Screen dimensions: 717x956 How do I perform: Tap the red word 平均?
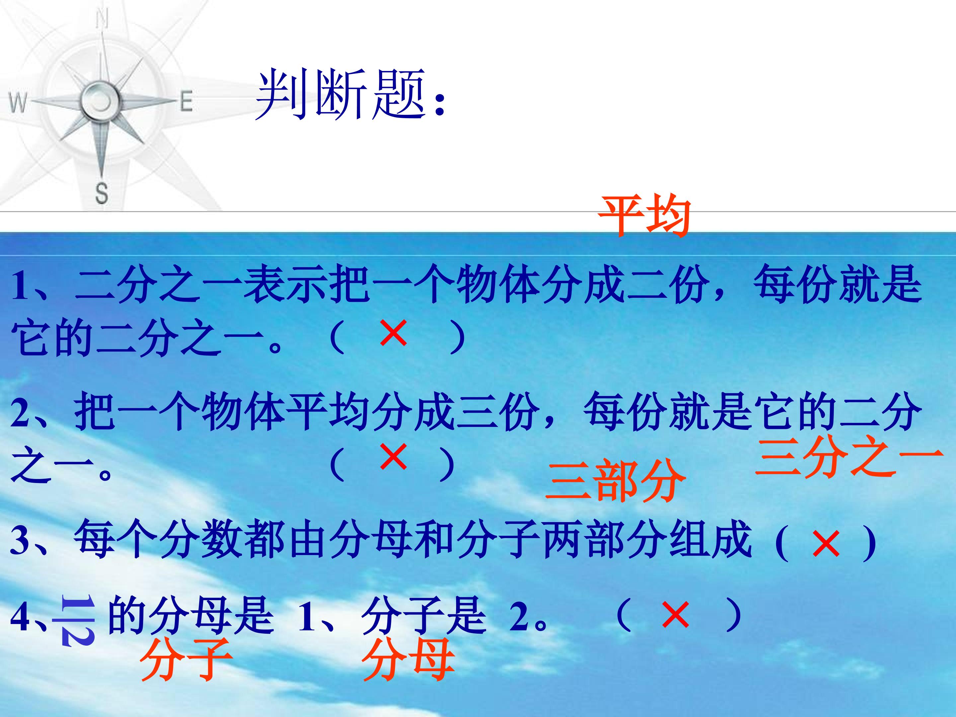pyautogui.click(x=644, y=216)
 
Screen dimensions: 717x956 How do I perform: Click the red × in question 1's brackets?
pyautogui.click(x=393, y=333)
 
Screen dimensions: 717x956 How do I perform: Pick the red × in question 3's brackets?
pyautogui.click(x=826, y=544)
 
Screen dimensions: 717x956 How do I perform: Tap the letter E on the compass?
pyautogui.click(x=186, y=103)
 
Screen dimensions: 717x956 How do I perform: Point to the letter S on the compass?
pyautogui.click(x=102, y=193)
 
